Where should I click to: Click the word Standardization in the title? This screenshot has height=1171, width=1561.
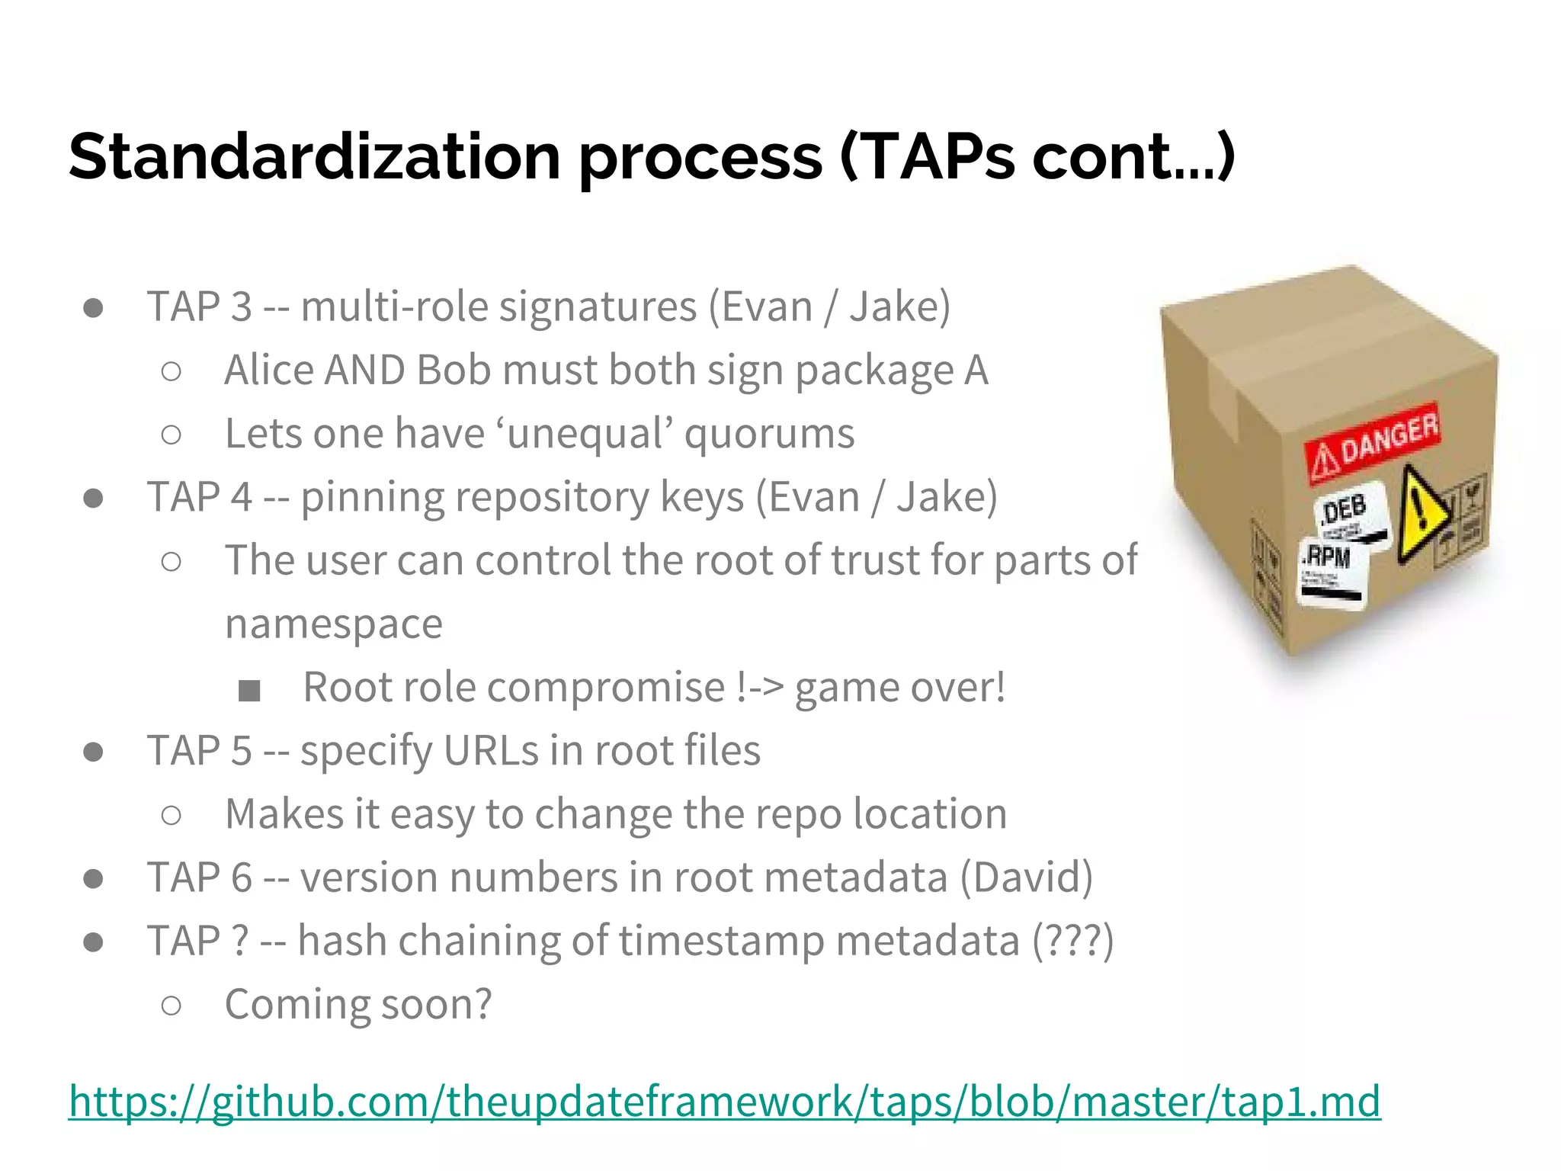(315, 156)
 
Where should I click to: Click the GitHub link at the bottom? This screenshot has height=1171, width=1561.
(724, 1101)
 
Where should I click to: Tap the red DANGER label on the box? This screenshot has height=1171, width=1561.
(1372, 442)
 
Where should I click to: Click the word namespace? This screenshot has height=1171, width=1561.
(334, 624)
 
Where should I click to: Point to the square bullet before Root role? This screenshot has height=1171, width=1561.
(249, 691)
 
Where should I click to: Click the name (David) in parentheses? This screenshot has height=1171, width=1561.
(1026, 877)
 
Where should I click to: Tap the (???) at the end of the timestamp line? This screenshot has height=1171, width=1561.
(1072, 941)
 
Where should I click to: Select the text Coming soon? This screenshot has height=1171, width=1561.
(358, 1004)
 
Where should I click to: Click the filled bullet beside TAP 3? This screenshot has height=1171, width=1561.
(94, 308)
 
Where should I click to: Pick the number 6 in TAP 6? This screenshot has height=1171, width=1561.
(241, 877)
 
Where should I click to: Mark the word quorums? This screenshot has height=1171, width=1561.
(769, 435)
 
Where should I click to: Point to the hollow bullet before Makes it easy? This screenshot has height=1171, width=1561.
(171, 815)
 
